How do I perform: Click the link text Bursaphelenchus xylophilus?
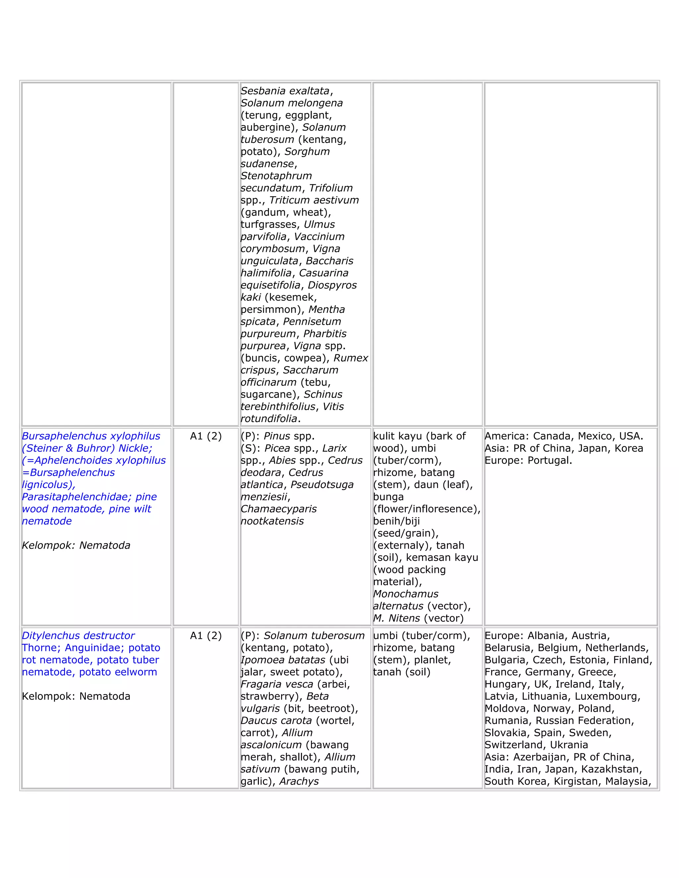click(91, 436)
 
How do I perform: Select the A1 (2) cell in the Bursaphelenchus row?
click(206, 436)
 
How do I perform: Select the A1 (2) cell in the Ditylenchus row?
click(206, 635)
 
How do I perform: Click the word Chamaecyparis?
click(278, 509)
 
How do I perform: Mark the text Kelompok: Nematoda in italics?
click(76, 546)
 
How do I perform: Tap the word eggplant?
click(308, 115)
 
